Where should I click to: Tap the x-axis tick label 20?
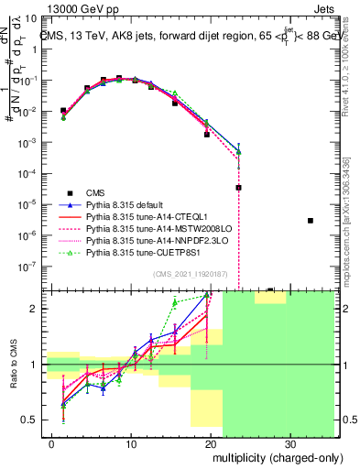click(213, 445)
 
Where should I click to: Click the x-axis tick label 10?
click(132, 445)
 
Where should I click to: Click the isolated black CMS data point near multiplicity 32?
click(311, 221)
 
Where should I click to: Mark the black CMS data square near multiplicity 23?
click(238, 187)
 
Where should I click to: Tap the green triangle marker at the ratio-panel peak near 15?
click(175, 301)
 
